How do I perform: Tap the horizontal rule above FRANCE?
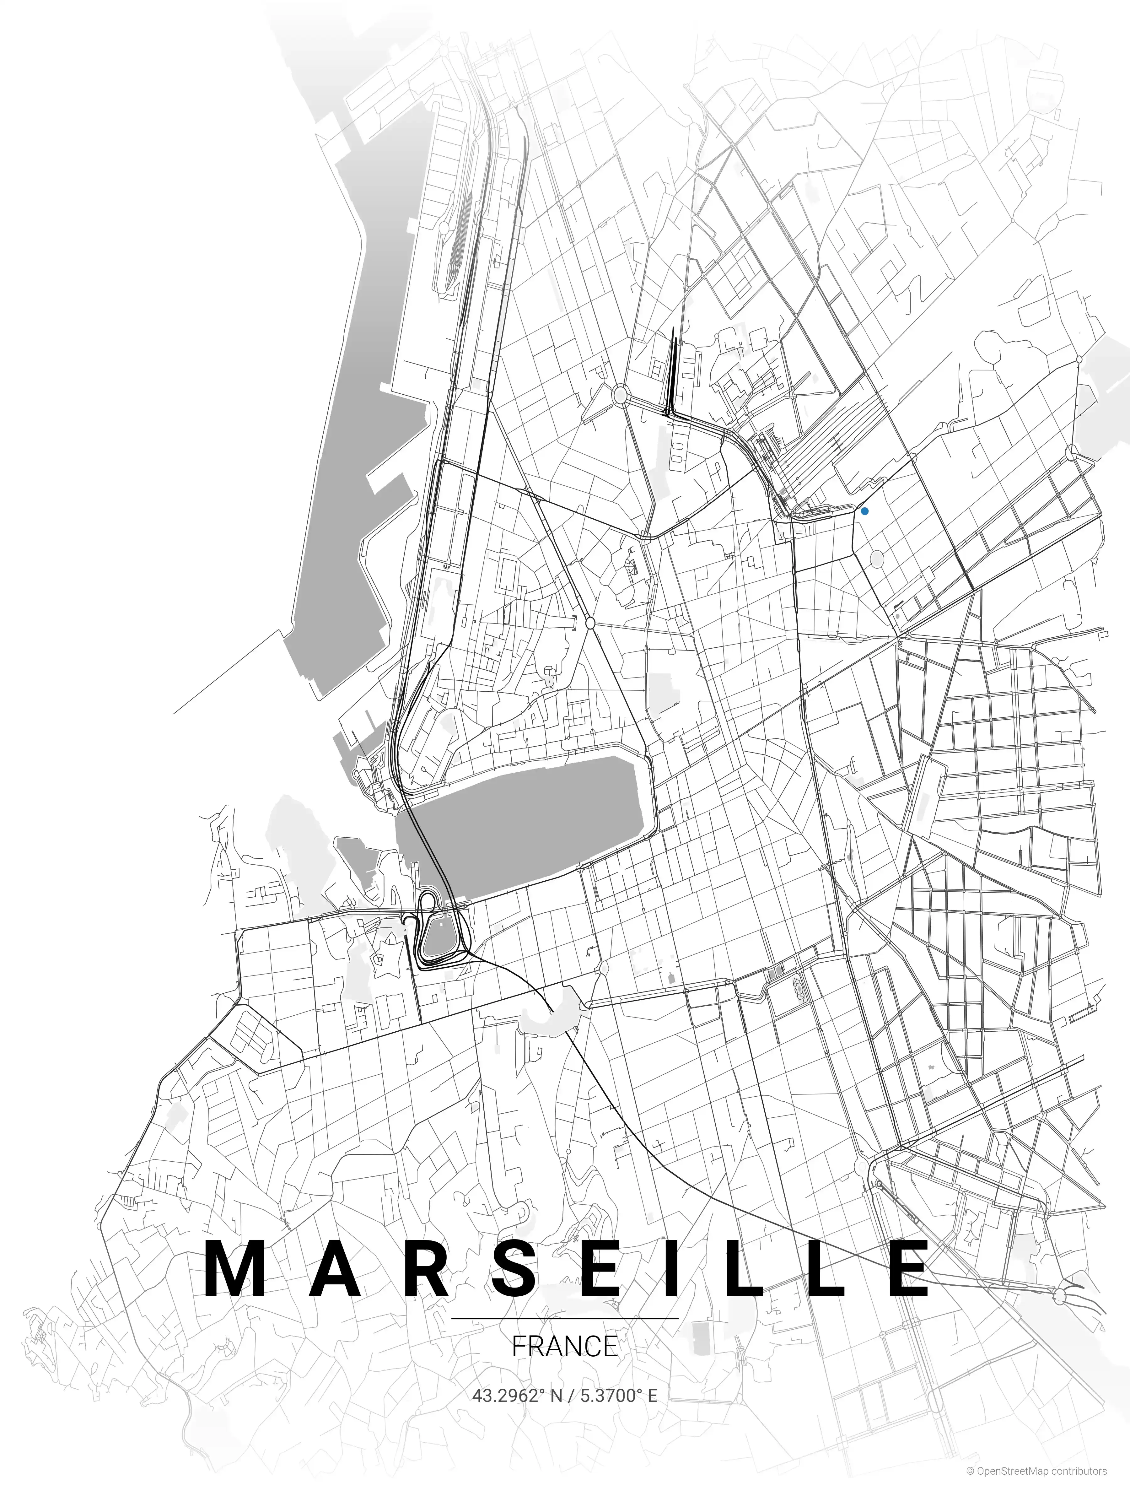click(565, 1318)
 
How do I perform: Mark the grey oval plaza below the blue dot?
click(877, 559)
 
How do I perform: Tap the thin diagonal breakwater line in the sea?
click(228, 671)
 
